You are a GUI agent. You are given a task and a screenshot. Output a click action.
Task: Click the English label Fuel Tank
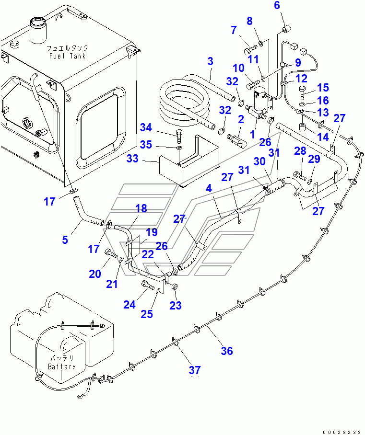click(67, 56)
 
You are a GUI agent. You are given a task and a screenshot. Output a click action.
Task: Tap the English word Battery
click(62, 366)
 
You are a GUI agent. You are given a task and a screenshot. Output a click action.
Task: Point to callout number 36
click(226, 351)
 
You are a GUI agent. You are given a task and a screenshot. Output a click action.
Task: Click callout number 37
click(194, 370)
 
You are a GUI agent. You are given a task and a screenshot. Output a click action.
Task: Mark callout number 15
click(323, 87)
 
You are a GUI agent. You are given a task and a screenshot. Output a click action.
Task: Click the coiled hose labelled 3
click(185, 103)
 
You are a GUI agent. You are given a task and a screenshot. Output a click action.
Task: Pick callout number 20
click(94, 274)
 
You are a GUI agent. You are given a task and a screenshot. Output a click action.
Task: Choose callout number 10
click(239, 69)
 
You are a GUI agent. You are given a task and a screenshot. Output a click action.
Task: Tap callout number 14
click(323, 137)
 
